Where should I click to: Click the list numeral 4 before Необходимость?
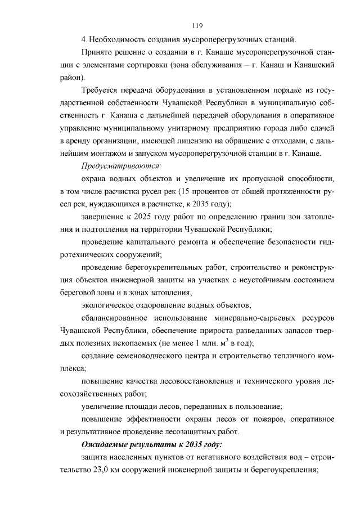(x=83, y=39)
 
